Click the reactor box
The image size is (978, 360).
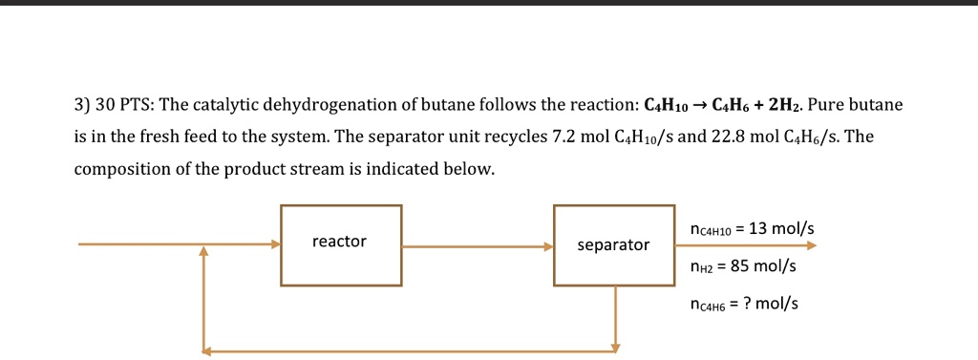[340, 244]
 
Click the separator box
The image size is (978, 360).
[613, 245]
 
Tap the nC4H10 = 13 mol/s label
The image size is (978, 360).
[751, 229]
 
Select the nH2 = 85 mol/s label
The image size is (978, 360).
[742, 266]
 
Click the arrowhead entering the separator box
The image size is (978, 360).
[548, 245]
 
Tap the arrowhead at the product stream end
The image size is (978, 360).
[812, 245]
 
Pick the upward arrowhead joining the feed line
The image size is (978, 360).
[203, 251]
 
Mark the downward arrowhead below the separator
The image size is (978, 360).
[616, 346]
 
